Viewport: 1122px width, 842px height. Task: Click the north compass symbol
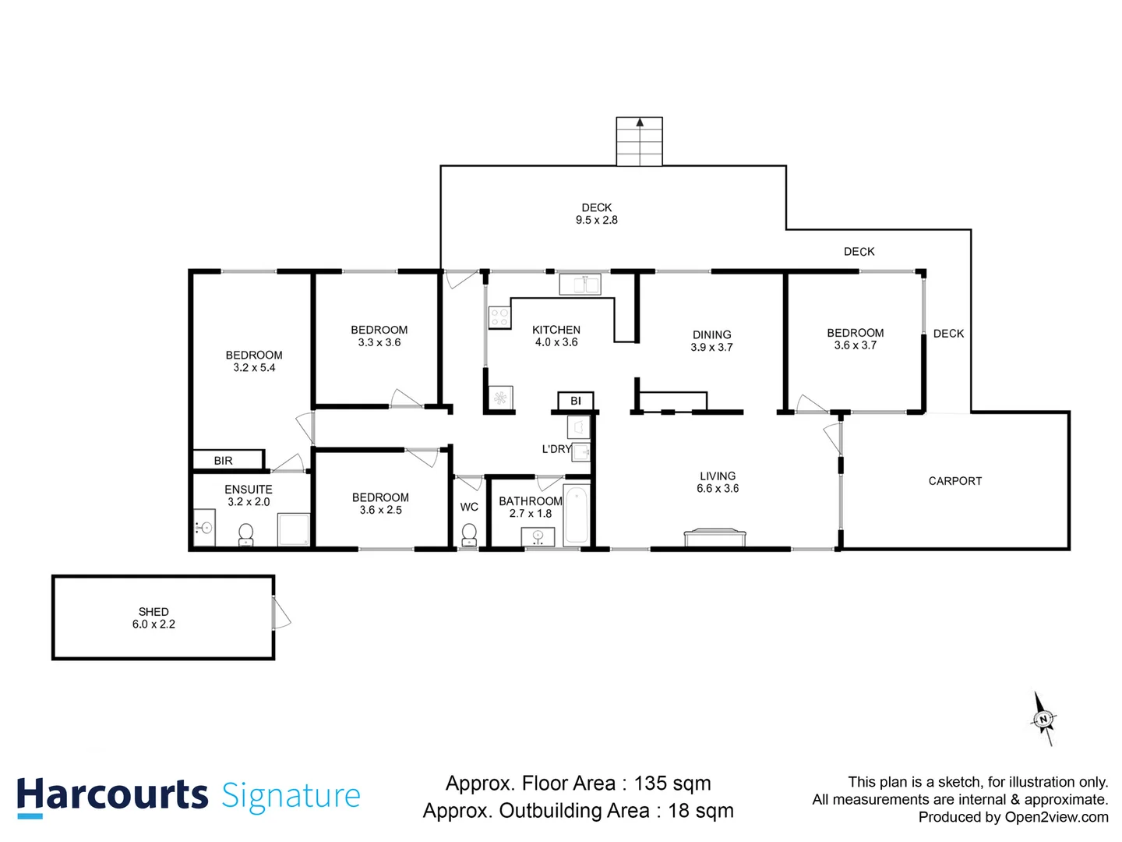1043,719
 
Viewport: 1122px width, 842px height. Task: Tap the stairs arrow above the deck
640,122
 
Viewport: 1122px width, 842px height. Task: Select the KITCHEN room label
556,330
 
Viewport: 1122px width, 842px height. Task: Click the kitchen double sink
580,285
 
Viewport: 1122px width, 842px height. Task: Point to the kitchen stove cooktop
499,317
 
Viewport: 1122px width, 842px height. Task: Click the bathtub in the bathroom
577,515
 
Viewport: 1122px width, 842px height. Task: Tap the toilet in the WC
469,535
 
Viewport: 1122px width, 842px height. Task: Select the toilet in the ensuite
245,535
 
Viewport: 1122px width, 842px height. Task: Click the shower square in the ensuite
294,529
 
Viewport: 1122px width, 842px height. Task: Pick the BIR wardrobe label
223,461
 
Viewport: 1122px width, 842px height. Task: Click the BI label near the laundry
576,401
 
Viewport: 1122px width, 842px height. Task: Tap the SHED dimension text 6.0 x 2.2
153,624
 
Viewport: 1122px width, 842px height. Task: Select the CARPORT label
954,481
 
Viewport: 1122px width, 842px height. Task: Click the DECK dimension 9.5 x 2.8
596,220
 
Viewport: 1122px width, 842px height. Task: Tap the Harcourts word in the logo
113,795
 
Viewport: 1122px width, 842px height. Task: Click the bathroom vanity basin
538,537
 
